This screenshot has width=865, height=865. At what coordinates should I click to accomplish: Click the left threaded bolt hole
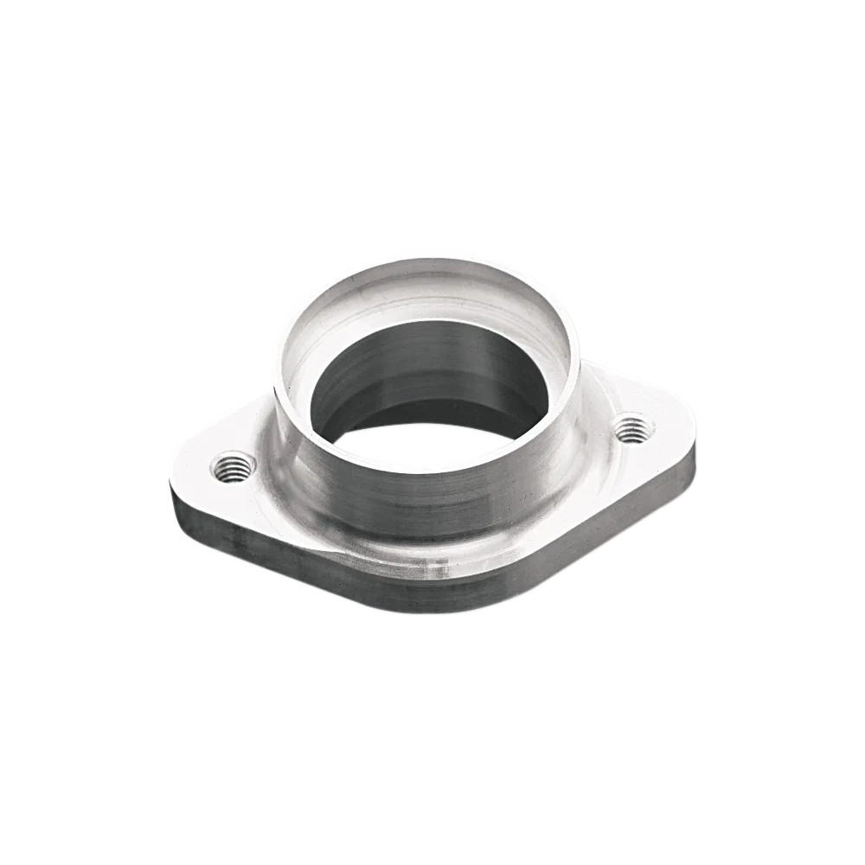(x=233, y=467)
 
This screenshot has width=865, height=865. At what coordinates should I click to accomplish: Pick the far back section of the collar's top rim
(x=432, y=262)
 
